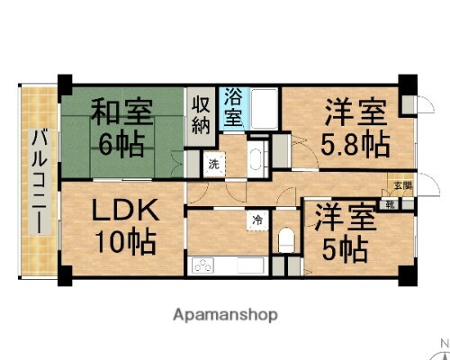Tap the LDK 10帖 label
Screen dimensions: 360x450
point(126,225)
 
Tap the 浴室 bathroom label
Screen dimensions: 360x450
point(232,106)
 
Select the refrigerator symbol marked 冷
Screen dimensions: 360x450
point(258,219)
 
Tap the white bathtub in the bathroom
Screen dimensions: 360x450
point(264,110)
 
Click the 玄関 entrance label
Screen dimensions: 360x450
point(398,187)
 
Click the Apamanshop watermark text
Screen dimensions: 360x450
point(225,315)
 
